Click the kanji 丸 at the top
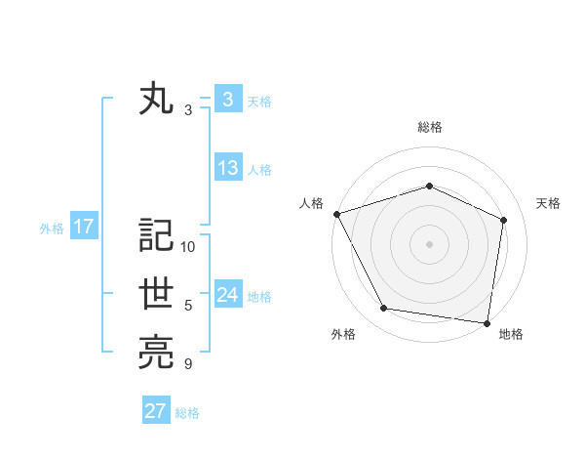tap(156, 101)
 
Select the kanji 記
tap(156, 236)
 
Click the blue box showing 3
tap(227, 100)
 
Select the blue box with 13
tap(227, 168)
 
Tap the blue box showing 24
tap(227, 295)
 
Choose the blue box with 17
tap(84, 228)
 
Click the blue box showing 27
tap(156, 411)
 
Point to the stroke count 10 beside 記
tap(188, 246)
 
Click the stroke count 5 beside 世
tap(188, 306)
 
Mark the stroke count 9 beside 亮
tap(188, 364)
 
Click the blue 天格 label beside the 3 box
tap(259, 101)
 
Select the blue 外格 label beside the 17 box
tap(52, 229)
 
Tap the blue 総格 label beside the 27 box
tap(187, 412)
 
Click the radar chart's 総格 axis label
tap(429, 127)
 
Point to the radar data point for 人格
tap(336, 213)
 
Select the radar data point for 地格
tap(487, 322)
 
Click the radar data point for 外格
tap(384, 309)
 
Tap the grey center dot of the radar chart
tap(429, 243)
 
